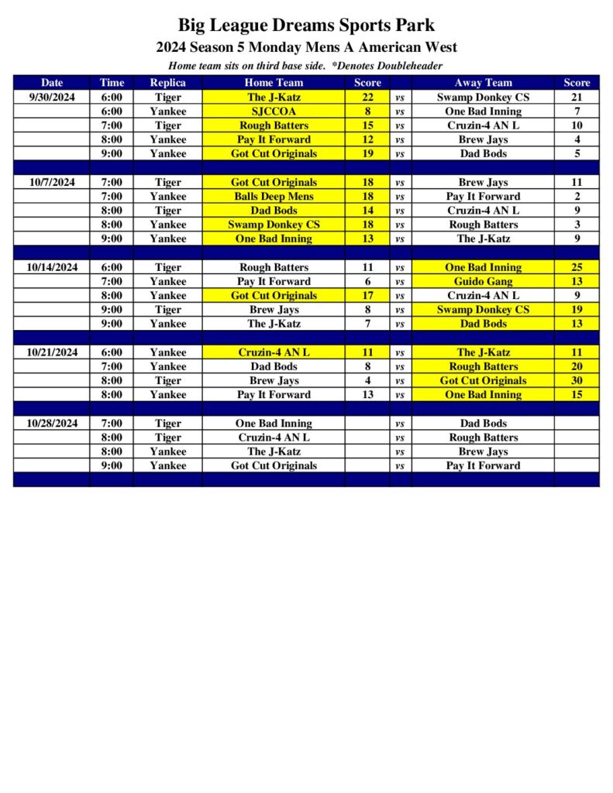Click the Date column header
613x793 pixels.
point(52,83)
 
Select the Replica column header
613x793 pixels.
point(167,83)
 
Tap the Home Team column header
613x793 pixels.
point(274,83)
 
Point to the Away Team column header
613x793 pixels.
point(483,83)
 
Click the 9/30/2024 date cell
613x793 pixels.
point(52,98)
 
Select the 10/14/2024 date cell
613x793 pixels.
point(52,267)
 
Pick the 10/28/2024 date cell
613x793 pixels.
point(52,424)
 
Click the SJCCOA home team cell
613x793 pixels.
point(274,112)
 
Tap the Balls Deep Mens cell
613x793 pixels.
point(274,197)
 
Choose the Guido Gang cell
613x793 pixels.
point(483,282)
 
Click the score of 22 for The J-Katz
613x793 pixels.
point(368,98)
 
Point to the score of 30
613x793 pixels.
point(577,381)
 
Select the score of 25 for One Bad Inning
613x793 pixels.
point(577,267)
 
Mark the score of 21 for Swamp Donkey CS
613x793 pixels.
point(577,98)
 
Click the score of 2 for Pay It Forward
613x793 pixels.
point(577,197)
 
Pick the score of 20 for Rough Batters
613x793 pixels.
point(577,366)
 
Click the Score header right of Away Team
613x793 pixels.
point(577,83)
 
